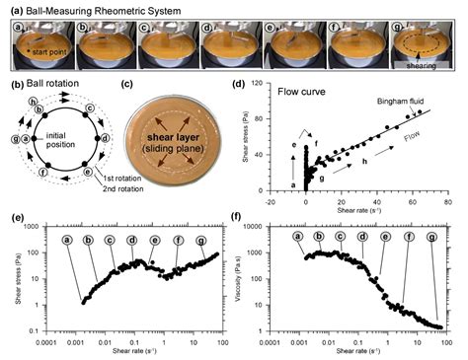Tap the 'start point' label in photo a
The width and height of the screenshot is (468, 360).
coord(38,46)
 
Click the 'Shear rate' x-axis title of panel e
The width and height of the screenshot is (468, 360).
coord(134,353)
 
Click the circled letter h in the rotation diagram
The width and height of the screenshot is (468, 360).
coord(33,99)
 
